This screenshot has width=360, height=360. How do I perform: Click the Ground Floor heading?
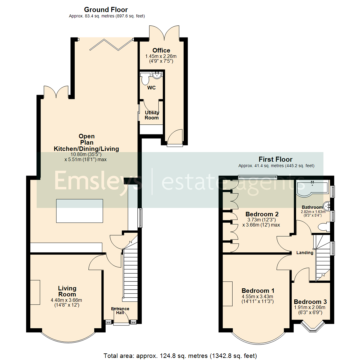pos(106,10)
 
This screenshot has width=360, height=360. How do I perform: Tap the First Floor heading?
pos(276,159)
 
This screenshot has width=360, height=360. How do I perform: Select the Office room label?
pos(161,51)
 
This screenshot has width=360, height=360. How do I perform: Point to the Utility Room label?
pos(152,115)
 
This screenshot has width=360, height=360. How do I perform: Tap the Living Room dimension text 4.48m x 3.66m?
pos(67,300)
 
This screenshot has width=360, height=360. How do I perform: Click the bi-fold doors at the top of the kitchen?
pos(111,45)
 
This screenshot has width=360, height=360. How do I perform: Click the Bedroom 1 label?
pos(258,290)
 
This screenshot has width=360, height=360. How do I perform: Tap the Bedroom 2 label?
pos(262,214)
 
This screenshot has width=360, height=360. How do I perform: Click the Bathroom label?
pos(310,207)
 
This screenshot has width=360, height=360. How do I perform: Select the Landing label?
pos(305,253)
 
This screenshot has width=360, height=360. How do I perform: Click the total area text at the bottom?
pos(180,355)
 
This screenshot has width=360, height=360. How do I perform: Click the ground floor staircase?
pos(130,273)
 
